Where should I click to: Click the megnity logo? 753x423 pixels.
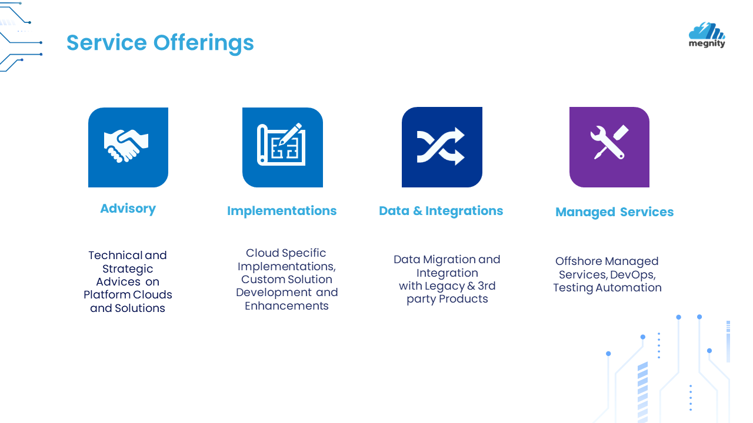707,35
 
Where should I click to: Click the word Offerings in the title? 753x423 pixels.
204,43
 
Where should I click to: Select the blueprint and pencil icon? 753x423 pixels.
281,145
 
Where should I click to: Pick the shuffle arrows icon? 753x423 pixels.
441,146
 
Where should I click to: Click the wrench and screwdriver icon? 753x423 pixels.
609,142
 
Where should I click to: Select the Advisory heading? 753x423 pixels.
128,209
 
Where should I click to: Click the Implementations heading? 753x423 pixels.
282,211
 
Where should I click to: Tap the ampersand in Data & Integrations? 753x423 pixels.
418,211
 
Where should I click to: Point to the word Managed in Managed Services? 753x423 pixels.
585,213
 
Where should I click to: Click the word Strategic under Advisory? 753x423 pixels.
128,269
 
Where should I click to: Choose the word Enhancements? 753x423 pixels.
286,306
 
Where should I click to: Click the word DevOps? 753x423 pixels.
633,275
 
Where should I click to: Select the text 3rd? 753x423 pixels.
487,286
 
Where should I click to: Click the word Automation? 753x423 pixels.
628,288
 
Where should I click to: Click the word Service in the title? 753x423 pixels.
106,43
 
